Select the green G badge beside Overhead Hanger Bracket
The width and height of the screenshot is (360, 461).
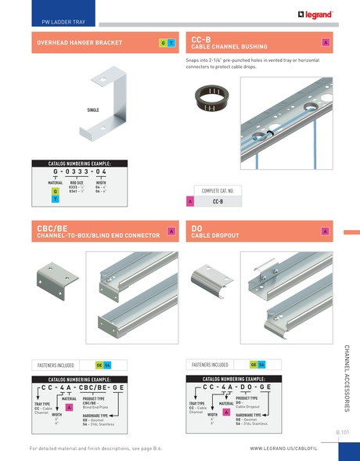coord(161,42)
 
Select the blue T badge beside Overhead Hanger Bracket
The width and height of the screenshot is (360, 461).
coord(171,42)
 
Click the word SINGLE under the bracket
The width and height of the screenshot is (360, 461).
coord(96,110)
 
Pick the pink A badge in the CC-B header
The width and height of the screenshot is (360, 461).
coord(325,42)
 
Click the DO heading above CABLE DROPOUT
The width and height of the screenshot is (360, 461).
coord(197,228)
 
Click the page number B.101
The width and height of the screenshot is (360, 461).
coord(341,431)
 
